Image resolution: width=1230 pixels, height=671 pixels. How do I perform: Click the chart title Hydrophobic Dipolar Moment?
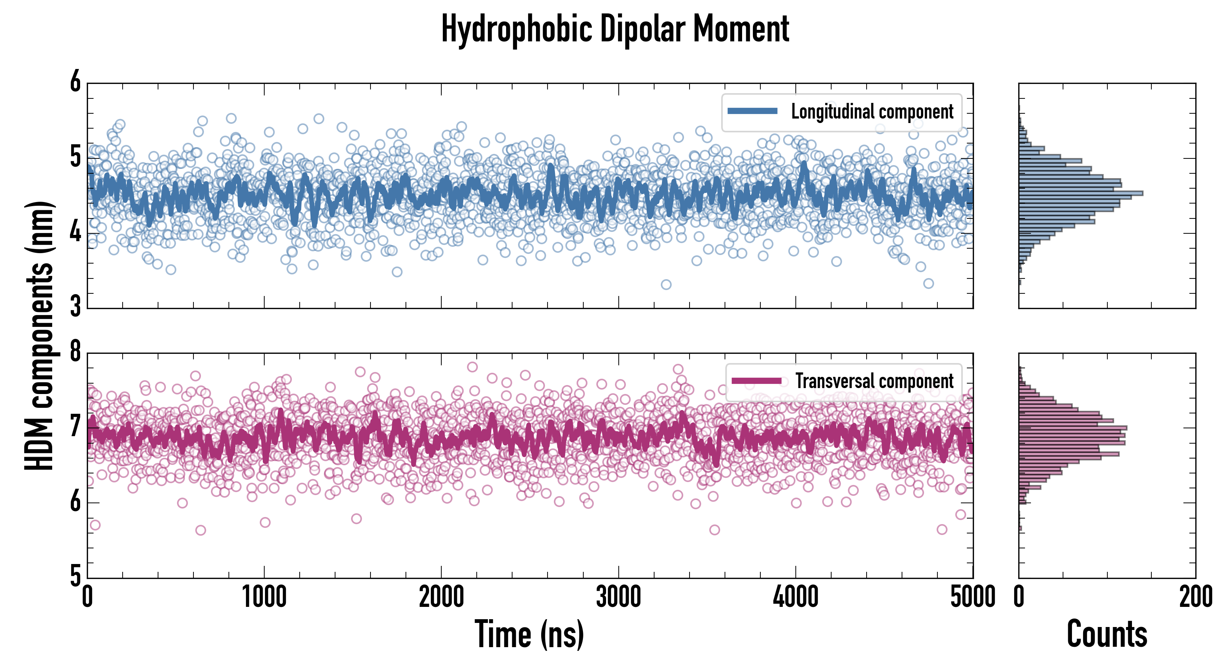615,29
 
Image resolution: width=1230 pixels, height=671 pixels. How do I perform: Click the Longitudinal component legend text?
872,112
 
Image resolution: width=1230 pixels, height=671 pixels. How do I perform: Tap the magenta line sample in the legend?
756,381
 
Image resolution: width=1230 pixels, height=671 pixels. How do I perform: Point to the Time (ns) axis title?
529,634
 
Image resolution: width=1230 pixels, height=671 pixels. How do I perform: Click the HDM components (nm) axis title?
39,334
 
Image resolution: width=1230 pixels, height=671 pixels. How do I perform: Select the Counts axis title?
1107,634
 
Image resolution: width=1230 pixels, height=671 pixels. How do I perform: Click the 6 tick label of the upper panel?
75,82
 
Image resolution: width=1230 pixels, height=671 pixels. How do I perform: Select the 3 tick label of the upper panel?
75,306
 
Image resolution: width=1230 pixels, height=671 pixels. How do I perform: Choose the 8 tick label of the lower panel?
75,352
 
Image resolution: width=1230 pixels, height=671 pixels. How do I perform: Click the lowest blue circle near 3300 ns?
666,285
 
